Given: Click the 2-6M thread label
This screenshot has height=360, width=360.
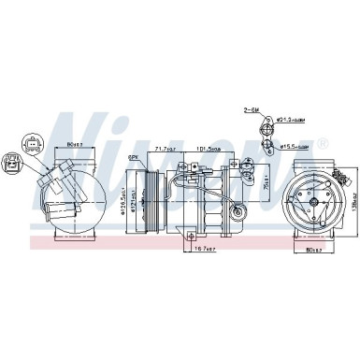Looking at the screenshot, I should point(251,109).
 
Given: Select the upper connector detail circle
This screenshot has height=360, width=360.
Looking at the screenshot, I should point(32,142).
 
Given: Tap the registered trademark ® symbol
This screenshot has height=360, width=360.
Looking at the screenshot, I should point(322,145).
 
